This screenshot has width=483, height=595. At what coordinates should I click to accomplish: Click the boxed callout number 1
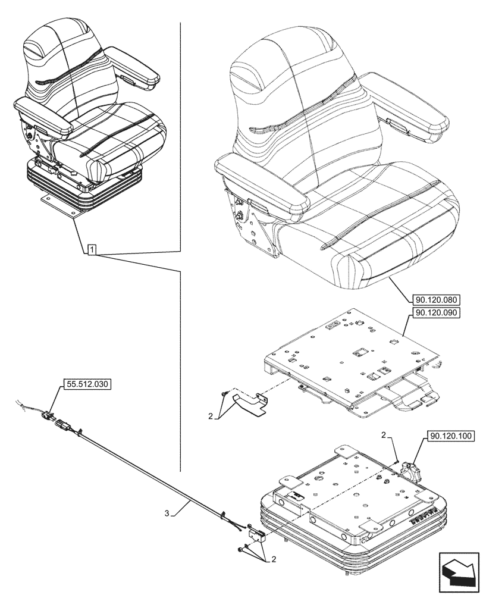pyautogui.click(x=92, y=250)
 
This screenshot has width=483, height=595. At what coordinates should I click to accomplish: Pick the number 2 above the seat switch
pyautogui.click(x=384, y=436)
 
